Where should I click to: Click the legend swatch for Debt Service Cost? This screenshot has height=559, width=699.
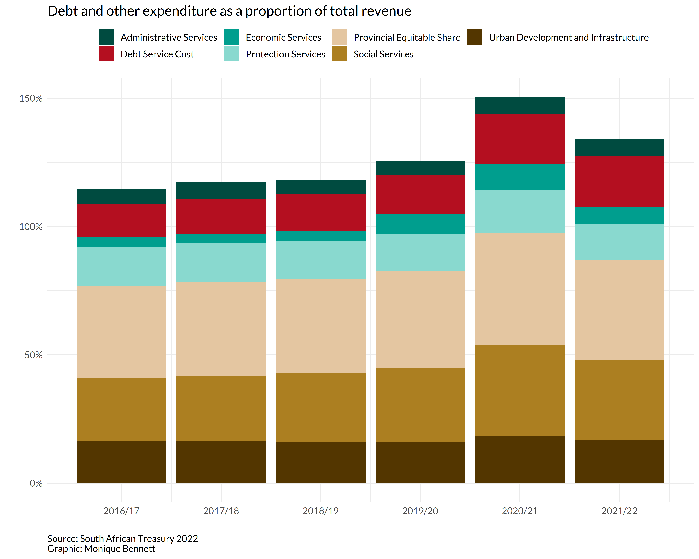click(x=106, y=54)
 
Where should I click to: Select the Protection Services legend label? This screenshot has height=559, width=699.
click(x=285, y=54)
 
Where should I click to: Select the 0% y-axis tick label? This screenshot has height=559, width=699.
click(x=36, y=484)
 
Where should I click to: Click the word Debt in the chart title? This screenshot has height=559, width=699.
click(x=63, y=11)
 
